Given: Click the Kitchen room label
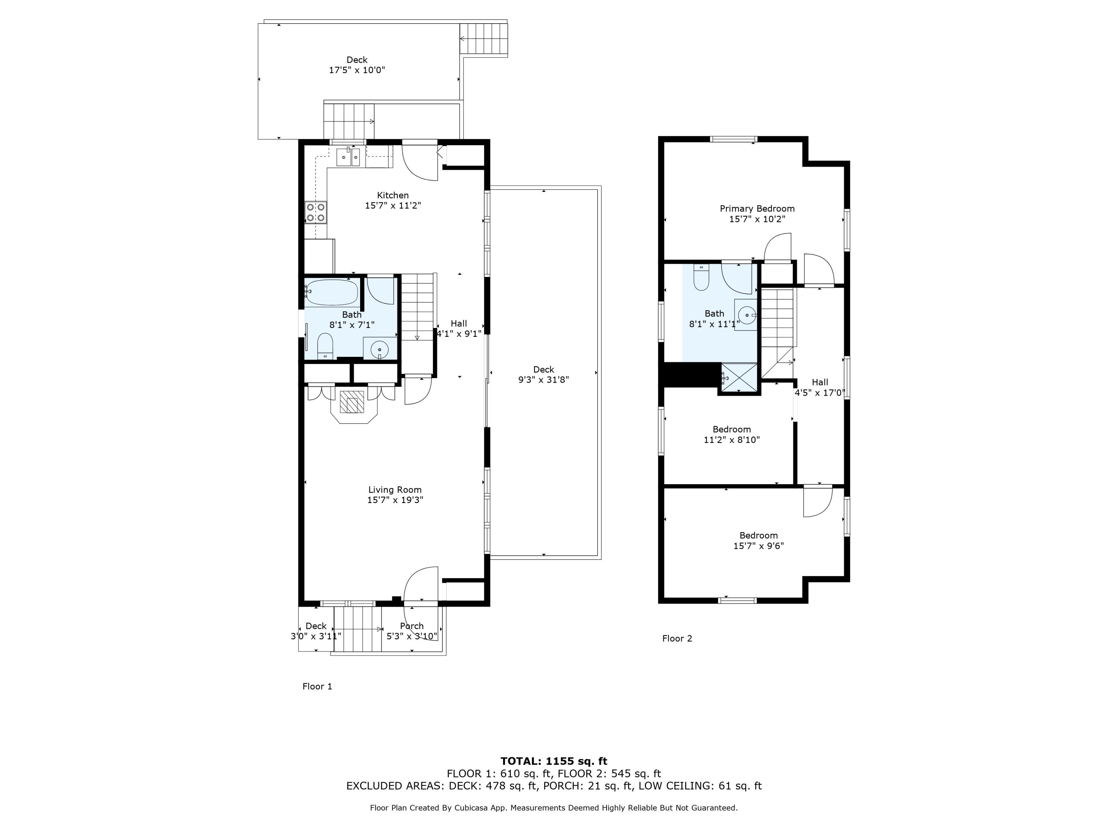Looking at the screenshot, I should (393, 195).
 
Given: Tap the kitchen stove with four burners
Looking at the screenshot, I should (315, 212).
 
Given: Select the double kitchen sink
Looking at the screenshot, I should (348, 157).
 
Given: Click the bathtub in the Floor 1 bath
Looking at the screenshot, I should (332, 293).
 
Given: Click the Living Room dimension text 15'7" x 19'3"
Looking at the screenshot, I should (395, 500).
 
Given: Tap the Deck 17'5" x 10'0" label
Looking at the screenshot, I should (357, 65).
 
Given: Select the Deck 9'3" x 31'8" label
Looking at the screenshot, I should (544, 375).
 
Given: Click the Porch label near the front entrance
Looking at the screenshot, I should (412, 626).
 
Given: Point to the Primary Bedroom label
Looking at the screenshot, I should (757, 209).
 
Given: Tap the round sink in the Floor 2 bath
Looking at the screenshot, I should (746, 315).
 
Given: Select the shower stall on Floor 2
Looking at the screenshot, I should (739, 379).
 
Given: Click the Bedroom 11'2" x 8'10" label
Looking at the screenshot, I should (731, 434).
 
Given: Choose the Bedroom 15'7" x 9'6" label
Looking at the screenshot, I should (758, 540).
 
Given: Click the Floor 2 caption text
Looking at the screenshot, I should (677, 638).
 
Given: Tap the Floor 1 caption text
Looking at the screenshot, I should (317, 686).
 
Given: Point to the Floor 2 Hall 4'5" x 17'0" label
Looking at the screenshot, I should (820, 387).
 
